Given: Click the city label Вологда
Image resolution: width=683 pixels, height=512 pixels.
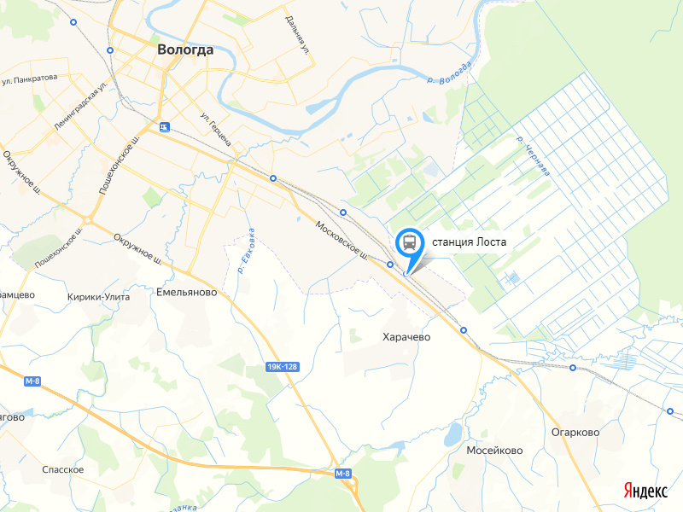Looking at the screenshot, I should (185, 49).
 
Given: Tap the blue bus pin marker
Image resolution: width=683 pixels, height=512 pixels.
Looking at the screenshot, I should (409, 242).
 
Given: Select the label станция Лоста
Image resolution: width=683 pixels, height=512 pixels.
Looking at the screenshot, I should (470, 241).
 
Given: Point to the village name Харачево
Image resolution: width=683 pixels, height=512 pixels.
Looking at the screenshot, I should (406, 337).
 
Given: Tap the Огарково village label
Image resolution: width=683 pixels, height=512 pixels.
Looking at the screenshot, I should (575, 433).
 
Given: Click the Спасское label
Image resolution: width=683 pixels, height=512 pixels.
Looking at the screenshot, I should (63, 470).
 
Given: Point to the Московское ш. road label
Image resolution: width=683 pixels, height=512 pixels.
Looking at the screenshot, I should (341, 241).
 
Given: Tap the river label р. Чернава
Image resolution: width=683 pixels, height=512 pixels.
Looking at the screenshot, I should (534, 156).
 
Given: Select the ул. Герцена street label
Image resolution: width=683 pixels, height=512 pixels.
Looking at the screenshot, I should (215, 129).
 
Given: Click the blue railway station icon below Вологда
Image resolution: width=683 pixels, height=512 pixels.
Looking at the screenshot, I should (163, 127).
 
